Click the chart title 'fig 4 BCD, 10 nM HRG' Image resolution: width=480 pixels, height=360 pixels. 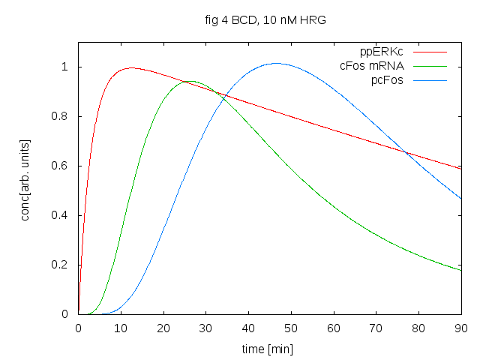(269, 20)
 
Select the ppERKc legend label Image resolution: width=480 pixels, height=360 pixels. (382, 52)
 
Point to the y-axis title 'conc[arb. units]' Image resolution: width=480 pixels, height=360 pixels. (27, 178)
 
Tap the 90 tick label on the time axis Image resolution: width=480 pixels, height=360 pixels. (461, 328)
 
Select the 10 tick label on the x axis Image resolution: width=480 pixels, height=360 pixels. (121, 328)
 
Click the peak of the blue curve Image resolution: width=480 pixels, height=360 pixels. (276, 63)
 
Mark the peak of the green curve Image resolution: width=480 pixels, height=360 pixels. (191, 81)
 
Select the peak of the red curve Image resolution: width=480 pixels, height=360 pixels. (131, 67)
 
